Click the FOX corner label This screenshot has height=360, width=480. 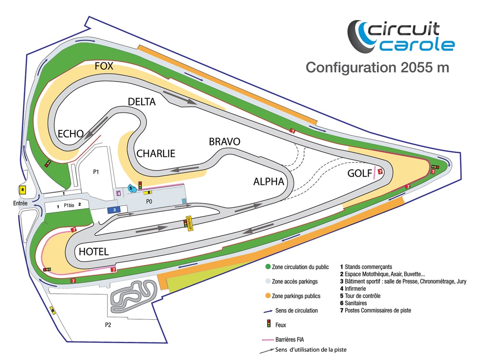[x=104, y=66]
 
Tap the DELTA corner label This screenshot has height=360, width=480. [x=142, y=102]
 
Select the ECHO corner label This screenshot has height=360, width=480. [x=71, y=134]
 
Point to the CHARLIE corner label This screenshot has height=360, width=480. [x=156, y=154]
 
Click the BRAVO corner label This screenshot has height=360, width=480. [x=225, y=142]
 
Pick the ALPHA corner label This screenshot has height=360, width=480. [x=269, y=181]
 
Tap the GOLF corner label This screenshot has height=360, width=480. [x=360, y=173]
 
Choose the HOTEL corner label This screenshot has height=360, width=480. [x=94, y=252]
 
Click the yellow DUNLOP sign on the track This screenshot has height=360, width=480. [x=190, y=224]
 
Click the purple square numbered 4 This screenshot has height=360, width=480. [x=119, y=193]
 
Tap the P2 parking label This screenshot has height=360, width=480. [x=108, y=325]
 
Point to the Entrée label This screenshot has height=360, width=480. [x=20, y=203]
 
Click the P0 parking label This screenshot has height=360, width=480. [x=149, y=202]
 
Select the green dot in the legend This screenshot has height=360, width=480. [x=268, y=266]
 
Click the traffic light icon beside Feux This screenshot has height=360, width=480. [x=269, y=324]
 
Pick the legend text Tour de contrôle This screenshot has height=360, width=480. [x=363, y=296]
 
